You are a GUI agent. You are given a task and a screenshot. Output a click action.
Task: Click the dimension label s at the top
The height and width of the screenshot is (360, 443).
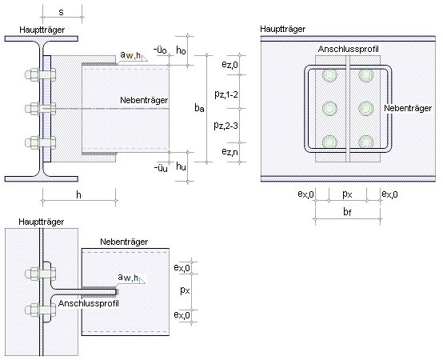point(61,12)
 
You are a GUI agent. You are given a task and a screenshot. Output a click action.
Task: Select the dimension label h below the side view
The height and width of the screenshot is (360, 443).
point(78,194)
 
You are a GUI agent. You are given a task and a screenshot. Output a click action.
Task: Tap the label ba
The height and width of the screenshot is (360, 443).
point(199,108)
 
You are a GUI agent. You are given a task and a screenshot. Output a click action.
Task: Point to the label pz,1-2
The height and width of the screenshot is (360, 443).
point(226,94)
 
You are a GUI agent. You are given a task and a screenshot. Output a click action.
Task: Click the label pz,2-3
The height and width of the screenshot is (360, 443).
point(225,125)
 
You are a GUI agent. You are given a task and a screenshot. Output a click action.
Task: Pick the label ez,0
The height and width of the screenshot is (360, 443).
point(229,65)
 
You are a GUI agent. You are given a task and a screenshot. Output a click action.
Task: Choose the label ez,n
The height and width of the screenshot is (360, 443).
point(229,152)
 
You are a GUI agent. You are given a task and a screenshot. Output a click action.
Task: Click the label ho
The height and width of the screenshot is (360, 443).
point(181,50)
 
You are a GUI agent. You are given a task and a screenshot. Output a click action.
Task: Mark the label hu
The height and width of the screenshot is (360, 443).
point(181,166)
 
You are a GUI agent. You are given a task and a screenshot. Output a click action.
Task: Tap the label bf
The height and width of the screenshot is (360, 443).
point(347,212)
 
